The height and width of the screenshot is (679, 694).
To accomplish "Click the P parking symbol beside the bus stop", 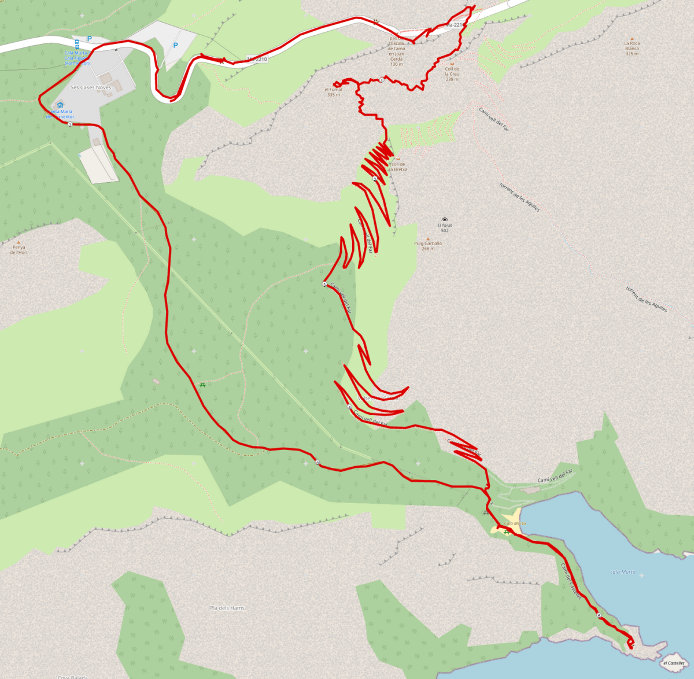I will pos(89,39).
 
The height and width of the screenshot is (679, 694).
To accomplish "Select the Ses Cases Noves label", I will pos(91,87).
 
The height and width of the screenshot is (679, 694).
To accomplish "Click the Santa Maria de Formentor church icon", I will pos(60,105).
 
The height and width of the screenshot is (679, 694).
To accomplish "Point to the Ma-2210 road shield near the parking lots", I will pos(257,59).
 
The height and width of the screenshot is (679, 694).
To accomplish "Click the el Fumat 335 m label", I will pos(334,92).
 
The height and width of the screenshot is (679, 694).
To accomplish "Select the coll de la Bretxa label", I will pos(398,167).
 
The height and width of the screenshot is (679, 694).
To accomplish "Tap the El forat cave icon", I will pos(444,220).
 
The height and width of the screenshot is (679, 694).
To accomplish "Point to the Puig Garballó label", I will pos(428,243).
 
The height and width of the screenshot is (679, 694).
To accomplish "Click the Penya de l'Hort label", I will pos(19,250).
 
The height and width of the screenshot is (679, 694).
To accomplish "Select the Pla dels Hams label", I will pos(227,608).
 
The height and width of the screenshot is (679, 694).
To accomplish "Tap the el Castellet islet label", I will pos(674,663).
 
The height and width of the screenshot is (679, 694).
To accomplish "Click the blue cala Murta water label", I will pos(622,572).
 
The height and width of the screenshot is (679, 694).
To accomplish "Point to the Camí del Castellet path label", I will pos(571,581).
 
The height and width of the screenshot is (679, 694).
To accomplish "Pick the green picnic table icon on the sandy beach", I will pos(507,532).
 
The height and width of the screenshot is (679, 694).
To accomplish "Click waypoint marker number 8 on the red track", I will pos(317,463).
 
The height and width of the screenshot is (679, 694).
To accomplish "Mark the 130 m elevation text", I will pos(396,64).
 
